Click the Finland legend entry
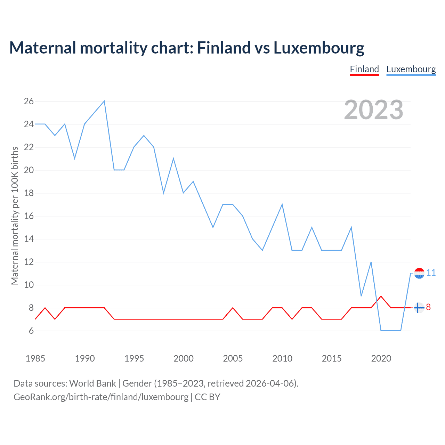point(364,69)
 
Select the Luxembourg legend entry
point(411,69)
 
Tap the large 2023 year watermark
point(373,110)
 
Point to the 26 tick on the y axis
point(29,101)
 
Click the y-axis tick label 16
point(29,216)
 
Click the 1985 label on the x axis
point(35,358)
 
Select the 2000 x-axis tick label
point(184,358)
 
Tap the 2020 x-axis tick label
point(381,358)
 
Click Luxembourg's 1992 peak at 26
point(104,101)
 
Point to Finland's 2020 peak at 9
point(381,296)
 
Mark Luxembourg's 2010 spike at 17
point(282,204)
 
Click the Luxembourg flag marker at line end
point(419,273)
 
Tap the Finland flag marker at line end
point(419,308)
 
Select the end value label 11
point(431,273)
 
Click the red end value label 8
point(428,307)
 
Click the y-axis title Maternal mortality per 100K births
point(15,216)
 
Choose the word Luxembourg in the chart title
point(319,48)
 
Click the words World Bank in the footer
point(92,383)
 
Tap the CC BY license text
point(208,397)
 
